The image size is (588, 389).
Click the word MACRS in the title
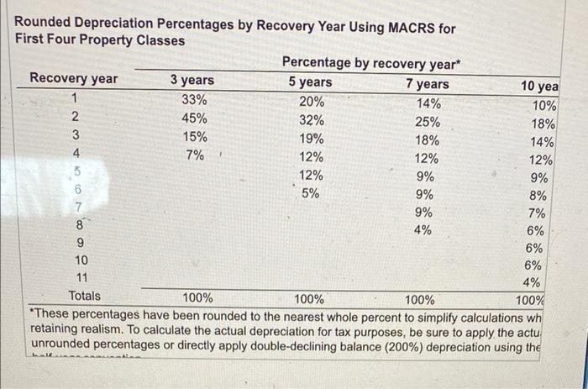click(412, 28)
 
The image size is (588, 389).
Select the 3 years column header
click(192, 81)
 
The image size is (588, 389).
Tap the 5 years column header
click(310, 82)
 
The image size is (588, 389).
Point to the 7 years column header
click(427, 84)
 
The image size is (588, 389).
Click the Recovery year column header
click(74, 79)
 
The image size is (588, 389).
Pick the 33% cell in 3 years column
click(194, 100)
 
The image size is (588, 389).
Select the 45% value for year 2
click(194, 118)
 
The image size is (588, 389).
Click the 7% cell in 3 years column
click(194, 155)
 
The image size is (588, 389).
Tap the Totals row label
click(84, 296)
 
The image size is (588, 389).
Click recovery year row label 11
click(81, 278)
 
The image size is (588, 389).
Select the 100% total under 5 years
click(309, 298)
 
